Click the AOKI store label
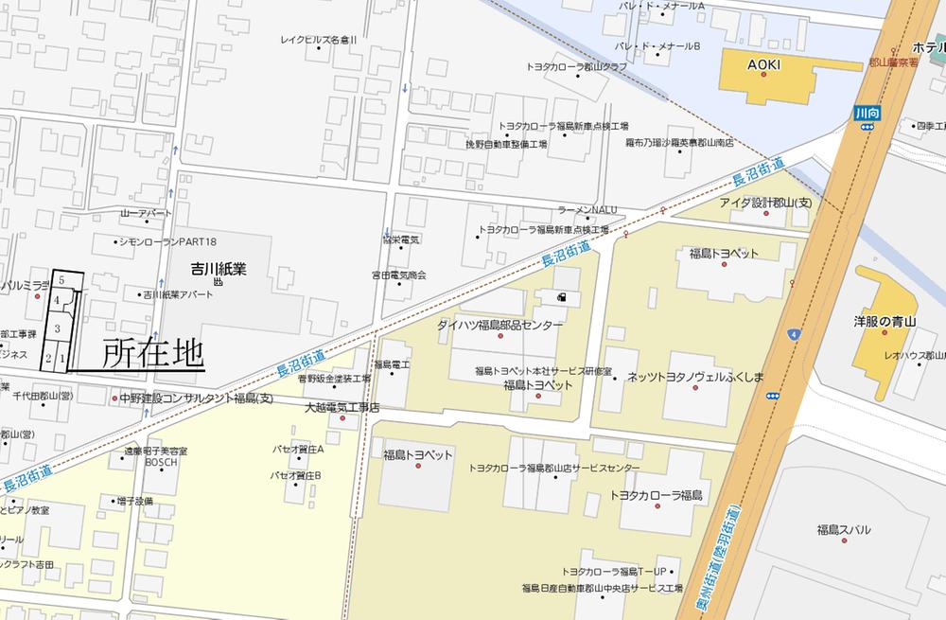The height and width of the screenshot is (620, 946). (762, 64)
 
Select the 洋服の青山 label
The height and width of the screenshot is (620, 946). (885, 322)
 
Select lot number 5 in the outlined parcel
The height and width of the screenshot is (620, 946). (61, 280)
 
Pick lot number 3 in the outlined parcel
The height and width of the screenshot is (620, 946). (58, 328)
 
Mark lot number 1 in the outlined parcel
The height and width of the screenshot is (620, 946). (62, 358)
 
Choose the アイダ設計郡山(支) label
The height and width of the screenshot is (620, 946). (765, 203)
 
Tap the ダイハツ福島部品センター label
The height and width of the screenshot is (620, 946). (499, 325)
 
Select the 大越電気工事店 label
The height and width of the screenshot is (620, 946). (342, 407)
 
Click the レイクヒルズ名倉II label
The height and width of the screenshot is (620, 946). (319, 41)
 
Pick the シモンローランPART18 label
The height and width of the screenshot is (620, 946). (166, 242)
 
